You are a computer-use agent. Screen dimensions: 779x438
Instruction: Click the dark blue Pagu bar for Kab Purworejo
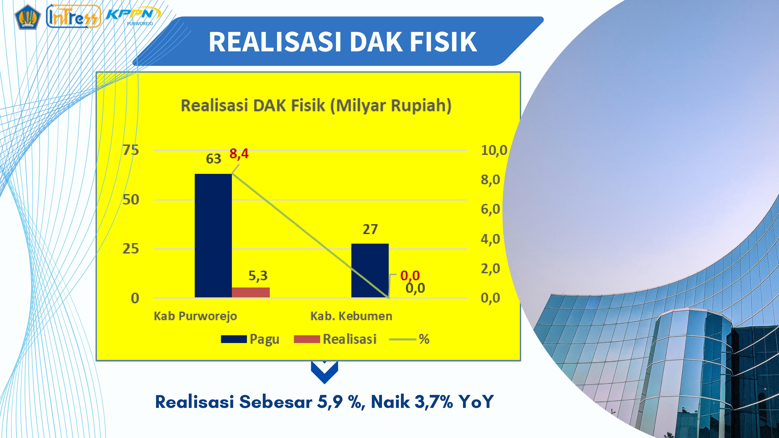[213, 236]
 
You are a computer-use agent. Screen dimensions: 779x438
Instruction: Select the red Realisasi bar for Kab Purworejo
[251, 293]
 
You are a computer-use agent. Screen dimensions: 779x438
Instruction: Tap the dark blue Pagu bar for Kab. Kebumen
[370, 271]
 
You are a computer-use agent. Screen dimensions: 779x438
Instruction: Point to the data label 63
[213, 159]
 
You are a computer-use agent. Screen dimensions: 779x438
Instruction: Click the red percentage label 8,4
[239, 154]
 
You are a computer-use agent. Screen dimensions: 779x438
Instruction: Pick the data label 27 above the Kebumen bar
[370, 229]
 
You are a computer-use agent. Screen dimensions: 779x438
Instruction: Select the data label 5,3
[258, 276]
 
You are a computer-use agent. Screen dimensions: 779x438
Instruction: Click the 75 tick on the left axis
[131, 150]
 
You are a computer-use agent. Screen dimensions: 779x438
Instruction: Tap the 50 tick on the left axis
[131, 200]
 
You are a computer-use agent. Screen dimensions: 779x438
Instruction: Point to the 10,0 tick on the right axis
[494, 150]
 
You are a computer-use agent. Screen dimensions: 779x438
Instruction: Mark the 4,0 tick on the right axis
[490, 239]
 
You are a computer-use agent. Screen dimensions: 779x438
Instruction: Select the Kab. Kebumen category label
[351, 316]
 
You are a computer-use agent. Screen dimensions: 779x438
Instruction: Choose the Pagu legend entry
[250, 339]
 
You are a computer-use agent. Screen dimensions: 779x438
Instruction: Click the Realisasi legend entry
[335, 339]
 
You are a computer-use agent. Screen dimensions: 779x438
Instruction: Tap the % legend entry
[409, 339]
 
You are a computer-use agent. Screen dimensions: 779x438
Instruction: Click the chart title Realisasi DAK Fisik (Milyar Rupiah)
[316, 106]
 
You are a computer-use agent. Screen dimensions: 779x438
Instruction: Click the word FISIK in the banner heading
[443, 42]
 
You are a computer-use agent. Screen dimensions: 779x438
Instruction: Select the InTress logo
[73, 16]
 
